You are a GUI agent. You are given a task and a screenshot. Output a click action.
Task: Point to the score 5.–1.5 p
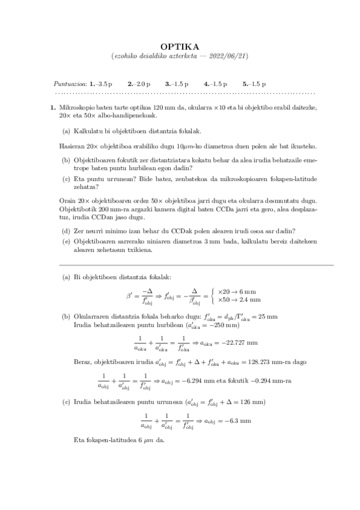tap(255, 84)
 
